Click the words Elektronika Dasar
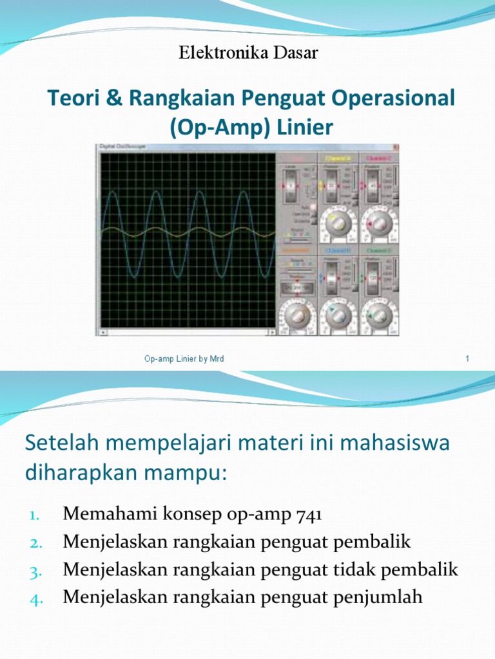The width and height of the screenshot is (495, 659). tap(248, 53)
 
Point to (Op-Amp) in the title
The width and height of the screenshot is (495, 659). tap(211, 128)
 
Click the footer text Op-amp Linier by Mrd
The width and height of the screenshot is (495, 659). tap(184, 358)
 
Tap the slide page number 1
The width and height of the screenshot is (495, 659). tap(466, 358)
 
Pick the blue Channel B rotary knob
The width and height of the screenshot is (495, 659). tap(338, 313)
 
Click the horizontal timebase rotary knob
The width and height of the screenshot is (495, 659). tap(296, 313)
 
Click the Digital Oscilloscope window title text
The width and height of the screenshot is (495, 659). tap(123, 147)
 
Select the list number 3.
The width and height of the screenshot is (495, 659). tap(36, 571)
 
